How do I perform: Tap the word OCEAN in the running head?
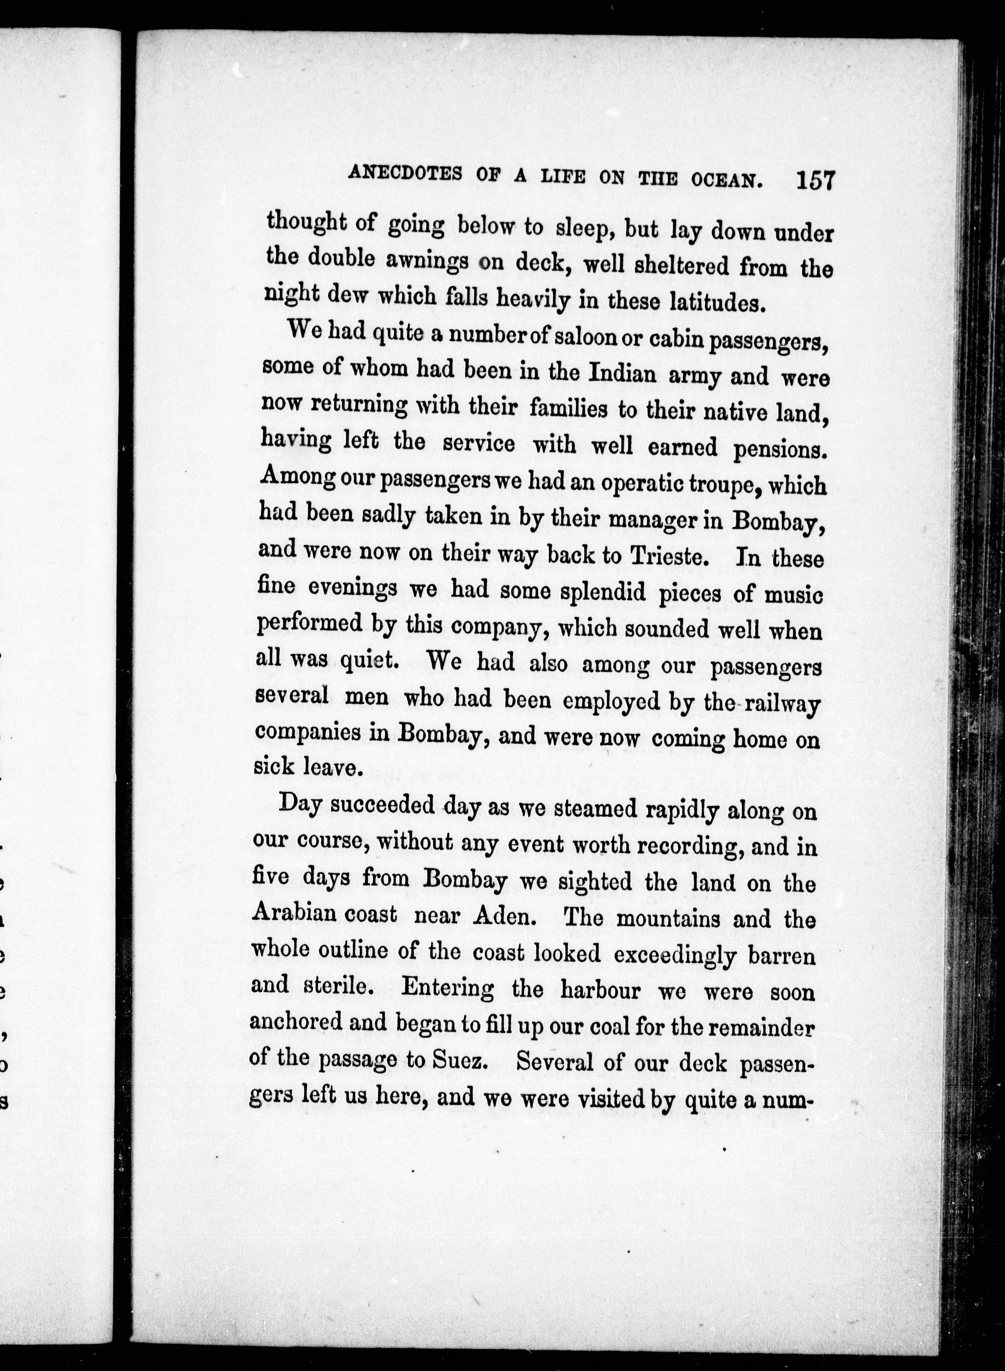(x=727, y=180)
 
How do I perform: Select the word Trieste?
(x=669, y=556)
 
